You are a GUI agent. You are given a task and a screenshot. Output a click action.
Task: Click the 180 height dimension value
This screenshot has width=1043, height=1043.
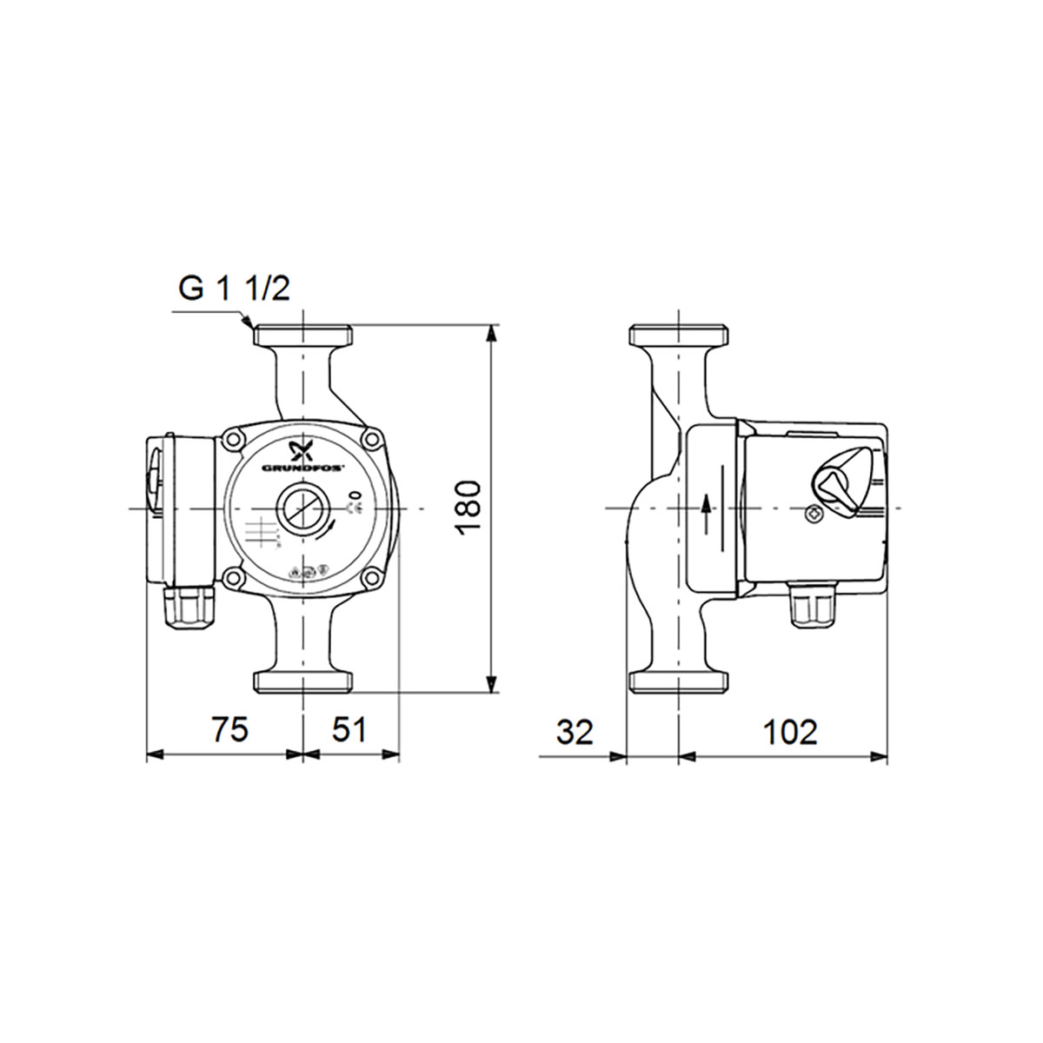coord(467,506)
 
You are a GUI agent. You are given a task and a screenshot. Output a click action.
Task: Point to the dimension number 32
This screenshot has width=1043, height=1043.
coord(575,732)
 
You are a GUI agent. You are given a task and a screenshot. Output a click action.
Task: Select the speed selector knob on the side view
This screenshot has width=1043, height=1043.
coord(835,483)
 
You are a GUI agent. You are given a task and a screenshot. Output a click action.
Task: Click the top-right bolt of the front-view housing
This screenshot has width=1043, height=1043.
coord(373,440)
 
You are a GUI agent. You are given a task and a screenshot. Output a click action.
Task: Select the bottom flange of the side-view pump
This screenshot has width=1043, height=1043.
coord(679,682)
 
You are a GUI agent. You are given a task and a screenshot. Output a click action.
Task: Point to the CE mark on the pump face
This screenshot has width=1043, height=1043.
coord(355,508)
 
